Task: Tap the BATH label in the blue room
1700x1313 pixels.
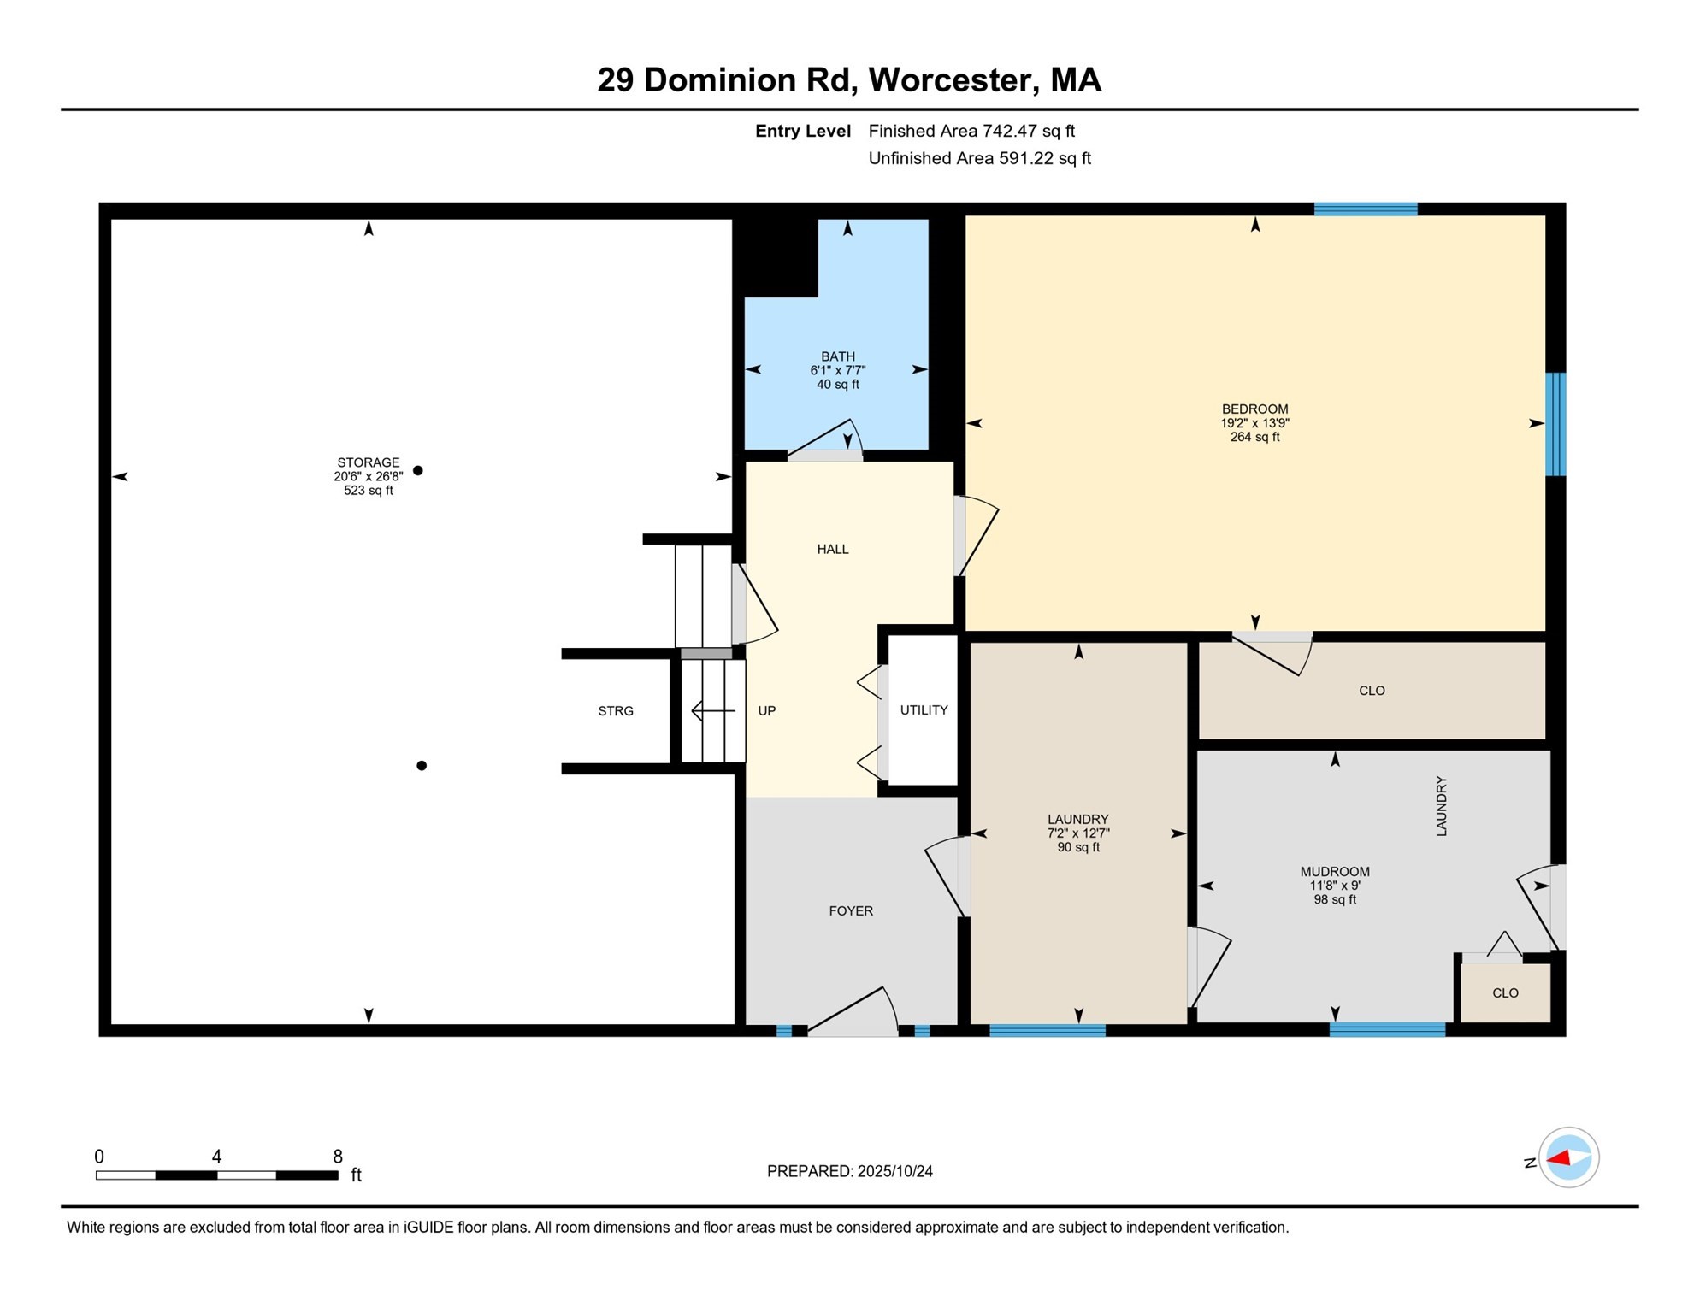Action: [838, 356]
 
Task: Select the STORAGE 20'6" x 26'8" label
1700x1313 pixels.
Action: [368, 476]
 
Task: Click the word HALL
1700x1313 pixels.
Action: [833, 550]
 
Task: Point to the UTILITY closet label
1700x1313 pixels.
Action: [924, 710]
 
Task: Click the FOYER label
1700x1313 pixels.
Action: [851, 911]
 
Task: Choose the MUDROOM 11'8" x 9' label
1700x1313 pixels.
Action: [1335, 886]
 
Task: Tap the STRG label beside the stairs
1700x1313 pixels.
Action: [616, 711]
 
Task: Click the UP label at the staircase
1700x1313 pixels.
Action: [767, 711]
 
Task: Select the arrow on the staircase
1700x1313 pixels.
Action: [712, 710]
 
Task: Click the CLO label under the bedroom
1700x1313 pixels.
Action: [1372, 691]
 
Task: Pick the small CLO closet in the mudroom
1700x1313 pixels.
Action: [1505, 993]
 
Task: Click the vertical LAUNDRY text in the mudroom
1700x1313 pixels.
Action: [1441, 806]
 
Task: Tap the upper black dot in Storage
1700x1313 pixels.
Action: [418, 470]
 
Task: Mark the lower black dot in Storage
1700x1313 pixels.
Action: [422, 766]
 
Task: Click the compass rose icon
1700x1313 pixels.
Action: [1568, 1158]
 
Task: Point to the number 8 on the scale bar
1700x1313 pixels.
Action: [338, 1157]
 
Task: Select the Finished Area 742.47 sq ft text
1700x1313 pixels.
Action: [971, 131]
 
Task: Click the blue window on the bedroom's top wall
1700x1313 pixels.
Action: [1366, 209]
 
